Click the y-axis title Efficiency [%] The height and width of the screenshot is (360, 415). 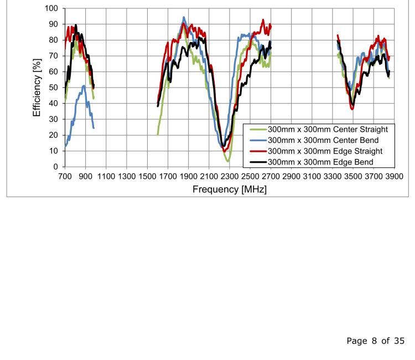click(37, 88)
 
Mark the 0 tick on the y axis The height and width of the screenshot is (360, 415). click(56, 167)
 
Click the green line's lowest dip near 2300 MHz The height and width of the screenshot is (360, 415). click(227, 161)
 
